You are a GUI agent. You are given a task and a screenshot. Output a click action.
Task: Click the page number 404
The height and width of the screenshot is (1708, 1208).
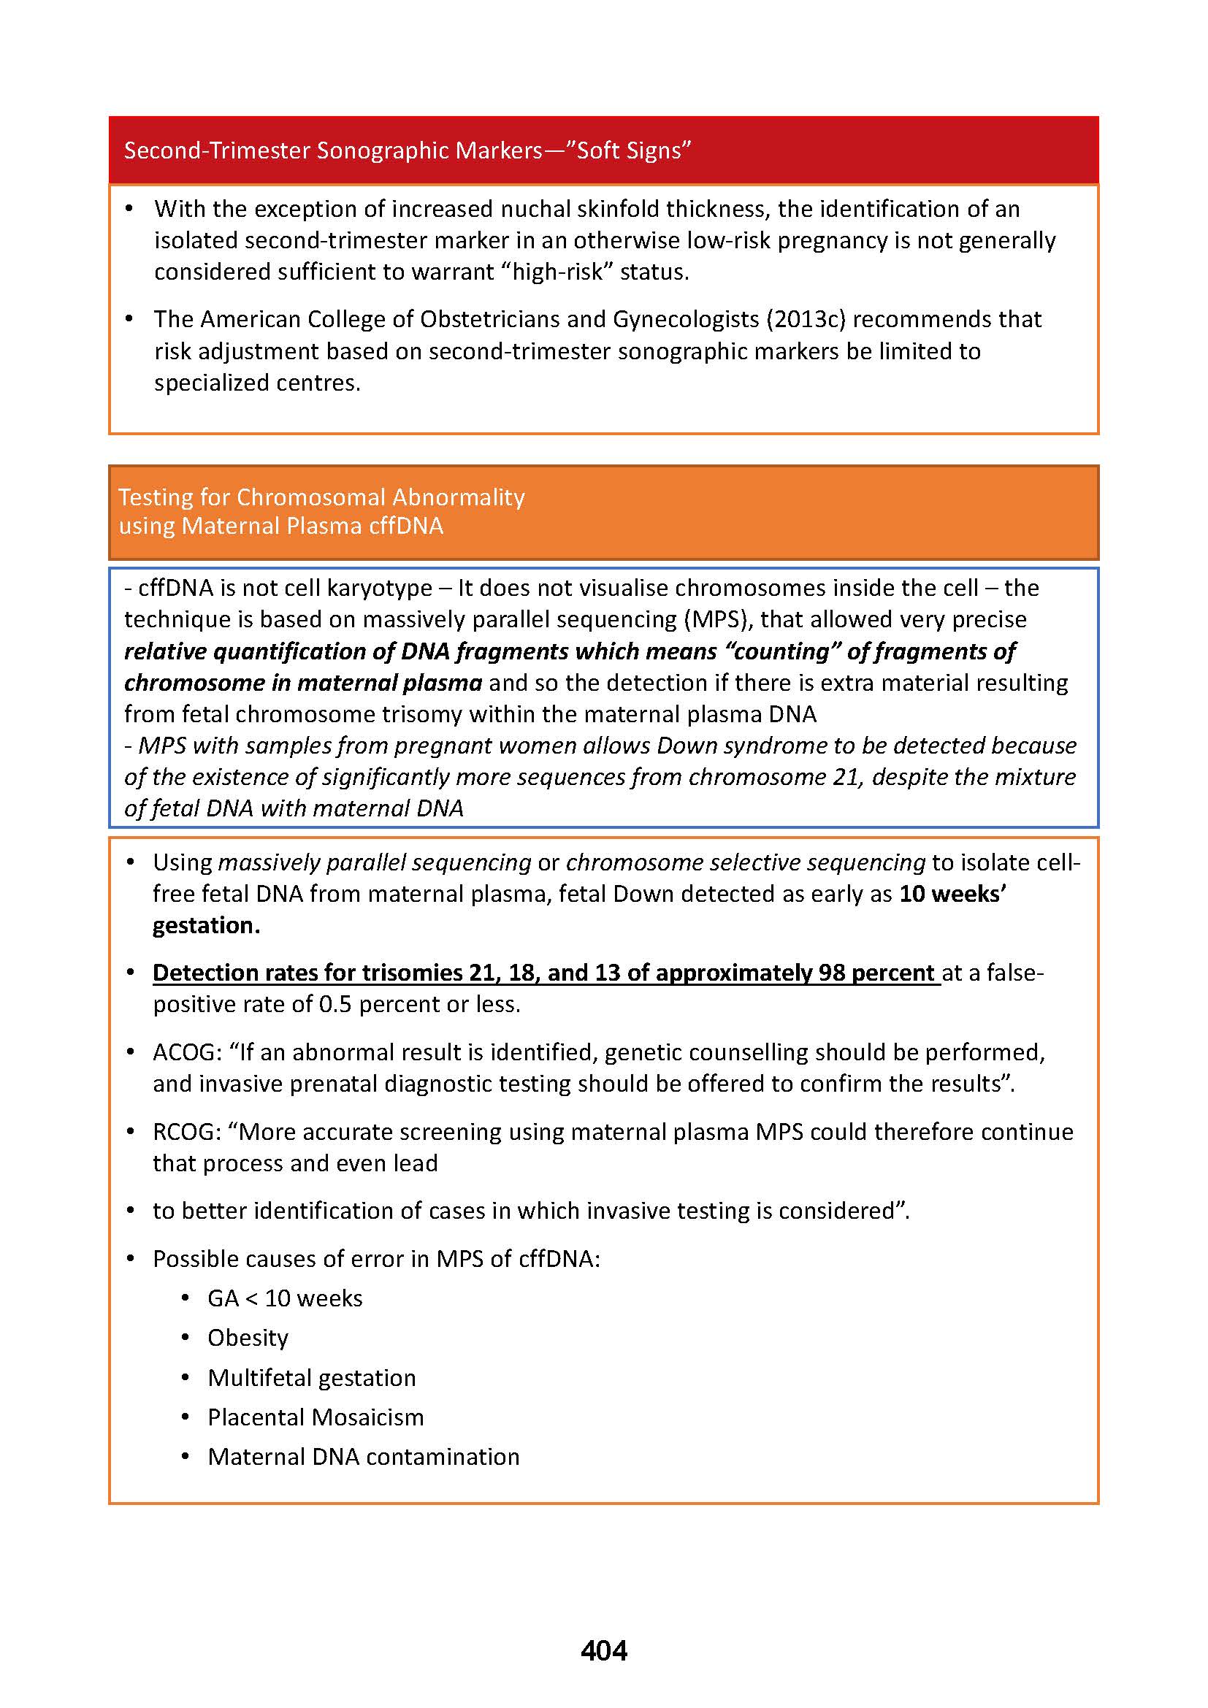click(603, 1650)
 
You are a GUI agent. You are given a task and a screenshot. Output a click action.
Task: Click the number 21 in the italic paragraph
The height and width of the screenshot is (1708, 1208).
click(850, 777)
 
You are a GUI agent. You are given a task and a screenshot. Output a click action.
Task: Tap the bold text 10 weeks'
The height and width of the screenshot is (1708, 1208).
click(952, 893)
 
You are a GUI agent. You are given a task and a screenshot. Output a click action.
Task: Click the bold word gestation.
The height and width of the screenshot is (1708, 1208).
click(206, 925)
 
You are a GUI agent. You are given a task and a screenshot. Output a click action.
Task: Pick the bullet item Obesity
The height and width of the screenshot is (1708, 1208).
click(248, 1339)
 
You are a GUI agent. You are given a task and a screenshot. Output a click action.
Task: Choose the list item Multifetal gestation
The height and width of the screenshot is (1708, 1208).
click(312, 1378)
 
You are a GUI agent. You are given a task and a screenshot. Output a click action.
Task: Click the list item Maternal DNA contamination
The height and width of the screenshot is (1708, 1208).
click(363, 1457)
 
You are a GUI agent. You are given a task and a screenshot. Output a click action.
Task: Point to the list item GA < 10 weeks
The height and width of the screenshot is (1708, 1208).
click(285, 1298)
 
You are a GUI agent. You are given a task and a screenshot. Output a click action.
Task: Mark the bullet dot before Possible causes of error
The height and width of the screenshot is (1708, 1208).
click(131, 1259)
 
